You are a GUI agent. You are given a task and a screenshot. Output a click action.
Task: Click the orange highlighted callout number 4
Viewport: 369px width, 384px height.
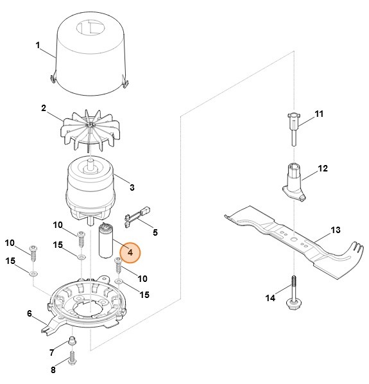[x=130, y=253]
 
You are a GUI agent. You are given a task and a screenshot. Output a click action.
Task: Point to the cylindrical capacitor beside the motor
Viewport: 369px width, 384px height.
[x=107, y=241]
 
